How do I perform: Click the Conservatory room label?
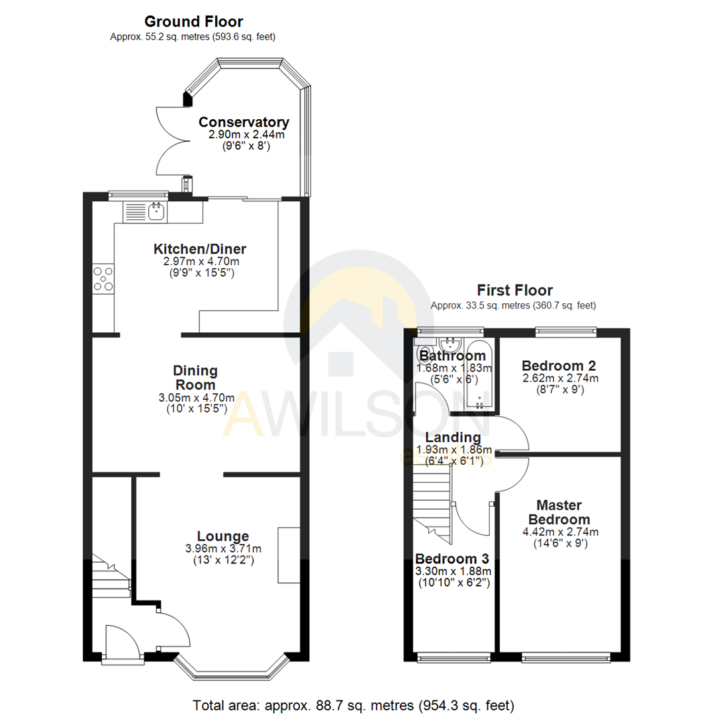(244, 122)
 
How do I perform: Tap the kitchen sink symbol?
(157, 211)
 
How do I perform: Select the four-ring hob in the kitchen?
(104, 278)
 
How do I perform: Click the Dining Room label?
(195, 377)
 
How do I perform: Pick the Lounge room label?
(213, 536)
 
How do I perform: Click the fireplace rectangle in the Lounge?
(289, 555)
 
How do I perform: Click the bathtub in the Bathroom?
(477, 375)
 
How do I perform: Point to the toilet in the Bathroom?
(425, 352)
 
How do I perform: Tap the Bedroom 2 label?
(559, 366)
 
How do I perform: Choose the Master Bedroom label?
(563, 512)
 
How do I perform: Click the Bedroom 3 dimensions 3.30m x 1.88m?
(452, 571)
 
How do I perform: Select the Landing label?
(453, 438)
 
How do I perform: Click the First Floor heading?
(514, 290)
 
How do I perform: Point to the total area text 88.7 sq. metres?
(353, 704)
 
